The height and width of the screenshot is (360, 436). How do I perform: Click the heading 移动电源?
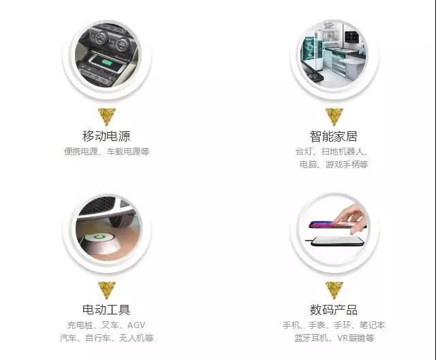pyautogui.click(x=106, y=135)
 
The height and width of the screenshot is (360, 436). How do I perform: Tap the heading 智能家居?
pyautogui.click(x=333, y=135)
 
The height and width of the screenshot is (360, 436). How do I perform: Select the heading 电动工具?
pyautogui.click(x=106, y=310)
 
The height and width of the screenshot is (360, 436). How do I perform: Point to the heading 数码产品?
pyautogui.click(x=333, y=310)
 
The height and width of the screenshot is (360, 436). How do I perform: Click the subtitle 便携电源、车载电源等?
pyautogui.click(x=106, y=152)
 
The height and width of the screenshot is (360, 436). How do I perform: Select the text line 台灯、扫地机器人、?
pyautogui.click(x=333, y=152)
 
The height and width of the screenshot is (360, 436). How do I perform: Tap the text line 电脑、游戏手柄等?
pyautogui.click(x=334, y=165)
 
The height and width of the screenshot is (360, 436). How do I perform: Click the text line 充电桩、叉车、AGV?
pyautogui.click(x=106, y=325)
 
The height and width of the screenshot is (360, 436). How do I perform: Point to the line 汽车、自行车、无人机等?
pyautogui.click(x=106, y=338)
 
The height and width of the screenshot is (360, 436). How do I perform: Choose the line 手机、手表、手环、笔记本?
pyautogui.click(x=334, y=325)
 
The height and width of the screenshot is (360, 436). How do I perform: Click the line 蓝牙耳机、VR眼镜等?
pyautogui.click(x=334, y=338)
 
